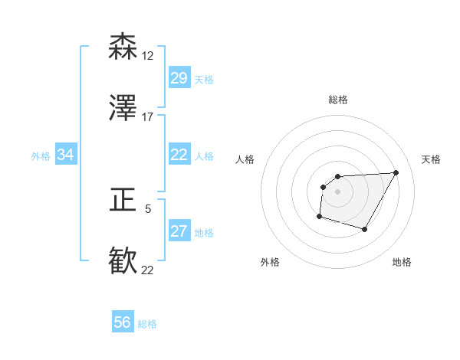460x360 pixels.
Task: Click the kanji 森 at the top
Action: pos(123,47)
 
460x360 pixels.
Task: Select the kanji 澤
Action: pos(123,108)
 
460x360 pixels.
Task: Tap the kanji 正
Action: pos(123,201)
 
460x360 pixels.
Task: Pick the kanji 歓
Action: pos(123,261)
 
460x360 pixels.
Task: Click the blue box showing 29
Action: pos(179,78)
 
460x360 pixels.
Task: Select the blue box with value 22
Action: pos(179,155)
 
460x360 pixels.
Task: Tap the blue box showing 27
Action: pos(179,231)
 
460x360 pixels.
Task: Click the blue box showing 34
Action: pos(66,155)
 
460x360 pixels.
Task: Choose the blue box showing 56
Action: pos(122,322)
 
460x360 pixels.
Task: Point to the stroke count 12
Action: pos(147,55)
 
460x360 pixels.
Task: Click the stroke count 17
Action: pos(147,116)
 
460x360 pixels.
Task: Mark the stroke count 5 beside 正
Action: pos(148,208)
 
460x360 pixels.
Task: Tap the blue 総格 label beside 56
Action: pos(147,324)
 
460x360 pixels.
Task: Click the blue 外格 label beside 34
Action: pos(41,156)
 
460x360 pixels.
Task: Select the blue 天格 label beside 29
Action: pos(203,80)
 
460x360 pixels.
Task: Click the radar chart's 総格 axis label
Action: pos(338,100)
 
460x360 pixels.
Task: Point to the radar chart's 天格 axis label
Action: pos(431,159)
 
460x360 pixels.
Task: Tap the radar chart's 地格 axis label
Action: pos(402,262)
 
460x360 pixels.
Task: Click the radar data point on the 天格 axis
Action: pos(396,172)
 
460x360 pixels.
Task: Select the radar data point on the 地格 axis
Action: pos(365,229)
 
